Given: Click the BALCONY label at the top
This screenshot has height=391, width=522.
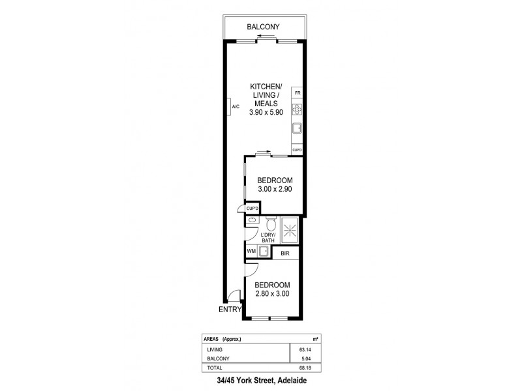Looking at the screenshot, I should pyautogui.click(x=263, y=27).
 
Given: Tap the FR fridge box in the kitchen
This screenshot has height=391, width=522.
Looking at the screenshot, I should pyautogui.click(x=298, y=94).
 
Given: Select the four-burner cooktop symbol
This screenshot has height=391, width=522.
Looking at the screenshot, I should pyautogui.click(x=298, y=109).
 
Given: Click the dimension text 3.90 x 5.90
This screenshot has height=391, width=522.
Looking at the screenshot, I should pyautogui.click(x=266, y=112).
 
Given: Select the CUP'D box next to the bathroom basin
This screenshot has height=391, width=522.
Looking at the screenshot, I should pyautogui.click(x=252, y=209).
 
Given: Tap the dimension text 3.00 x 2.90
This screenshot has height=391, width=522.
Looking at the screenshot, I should pyautogui.click(x=274, y=190).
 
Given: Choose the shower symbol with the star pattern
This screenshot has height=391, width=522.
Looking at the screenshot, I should pyautogui.click(x=292, y=231).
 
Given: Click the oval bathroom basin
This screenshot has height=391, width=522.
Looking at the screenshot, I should pyautogui.click(x=251, y=221).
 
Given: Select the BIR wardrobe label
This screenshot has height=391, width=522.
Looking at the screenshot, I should pyautogui.click(x=285, y=252).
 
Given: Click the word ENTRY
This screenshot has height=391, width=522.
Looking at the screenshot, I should pyautogui.click(x=229, y=311).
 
